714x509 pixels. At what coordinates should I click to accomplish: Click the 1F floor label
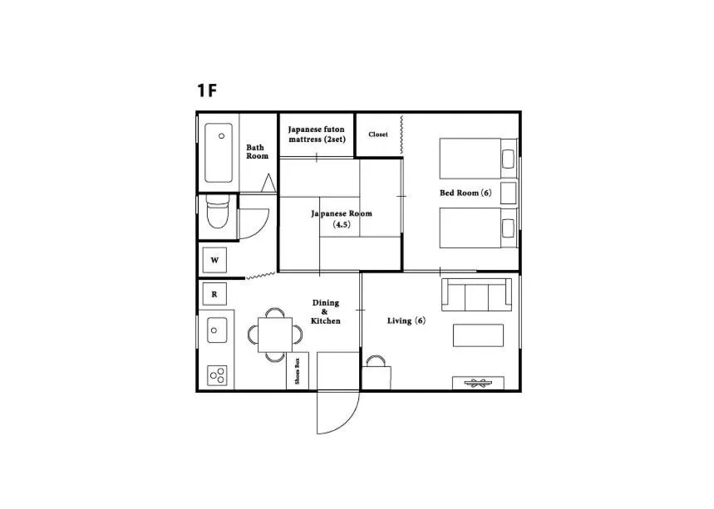tap(207, 91)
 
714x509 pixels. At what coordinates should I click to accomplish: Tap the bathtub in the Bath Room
tap(219, 153)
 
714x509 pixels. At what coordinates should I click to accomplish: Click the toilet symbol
tap(216, 213)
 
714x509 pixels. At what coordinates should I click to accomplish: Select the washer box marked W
tap(214, 260)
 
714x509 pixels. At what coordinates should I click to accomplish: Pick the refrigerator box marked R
tap(214, 294)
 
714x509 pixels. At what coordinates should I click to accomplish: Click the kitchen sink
tap(216, 330)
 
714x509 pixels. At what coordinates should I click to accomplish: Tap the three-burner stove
tap(218, 374)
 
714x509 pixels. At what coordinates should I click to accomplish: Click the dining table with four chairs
tap(274, 335)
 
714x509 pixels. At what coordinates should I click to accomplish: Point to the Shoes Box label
tap(298, 370)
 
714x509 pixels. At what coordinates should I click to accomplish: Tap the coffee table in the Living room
tap(478, 335)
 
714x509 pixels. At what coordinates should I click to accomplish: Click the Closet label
tap(378, 135)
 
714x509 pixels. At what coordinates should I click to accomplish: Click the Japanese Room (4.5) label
tap(342, 218)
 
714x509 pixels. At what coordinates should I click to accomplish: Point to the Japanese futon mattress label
tap(317, 135)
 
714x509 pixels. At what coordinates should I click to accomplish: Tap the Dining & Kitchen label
tap(325, 311)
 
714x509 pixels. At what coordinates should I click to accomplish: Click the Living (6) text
tap(406, 321)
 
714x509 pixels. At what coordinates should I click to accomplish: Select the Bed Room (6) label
tap(465, 193)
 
